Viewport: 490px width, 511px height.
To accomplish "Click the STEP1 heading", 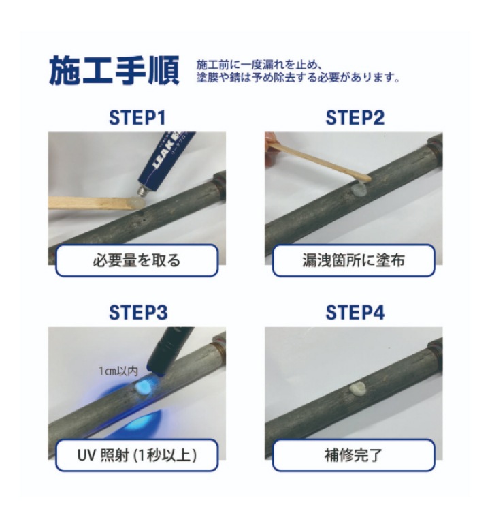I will [137, 118].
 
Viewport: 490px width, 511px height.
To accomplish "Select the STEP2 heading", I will [354, 118].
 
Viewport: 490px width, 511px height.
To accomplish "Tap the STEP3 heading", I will [137, 313].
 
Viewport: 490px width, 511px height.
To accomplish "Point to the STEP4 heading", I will [354, 313].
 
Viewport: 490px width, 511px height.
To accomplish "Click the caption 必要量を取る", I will [137, 260].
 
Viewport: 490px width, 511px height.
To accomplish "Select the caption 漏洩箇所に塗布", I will [353, 260].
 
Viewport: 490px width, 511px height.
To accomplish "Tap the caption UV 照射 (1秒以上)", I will [137, 454].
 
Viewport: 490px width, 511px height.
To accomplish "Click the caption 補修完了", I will [353, 454].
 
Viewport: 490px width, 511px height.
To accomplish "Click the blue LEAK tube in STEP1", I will [164, 161].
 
